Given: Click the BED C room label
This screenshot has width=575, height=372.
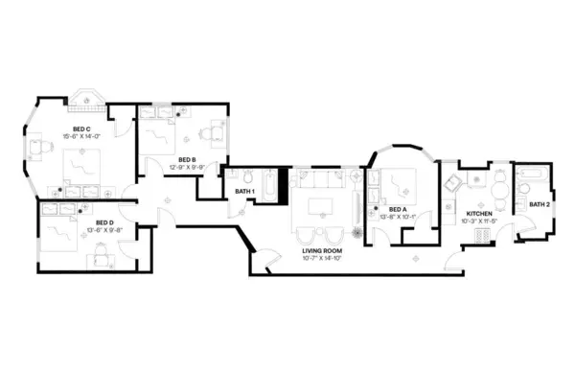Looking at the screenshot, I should point(81,129).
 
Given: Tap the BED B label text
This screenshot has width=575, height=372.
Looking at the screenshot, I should point(187,160).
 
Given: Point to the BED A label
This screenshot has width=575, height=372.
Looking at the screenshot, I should point(397,209).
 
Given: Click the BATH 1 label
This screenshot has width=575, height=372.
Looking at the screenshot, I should point(245,192).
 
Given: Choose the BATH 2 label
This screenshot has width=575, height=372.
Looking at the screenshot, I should point(540,204).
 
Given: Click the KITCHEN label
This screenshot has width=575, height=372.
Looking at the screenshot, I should point(479,213).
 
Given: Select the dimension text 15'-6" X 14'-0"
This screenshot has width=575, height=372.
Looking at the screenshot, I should point(81,137).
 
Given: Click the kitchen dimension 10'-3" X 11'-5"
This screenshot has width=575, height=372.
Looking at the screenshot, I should point(479,221).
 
